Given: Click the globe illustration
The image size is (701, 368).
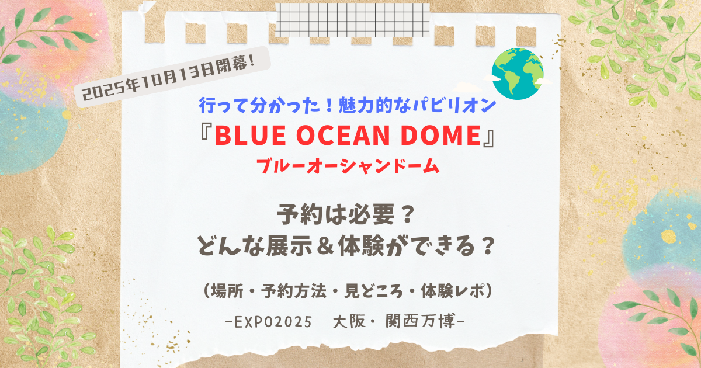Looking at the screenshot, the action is [x=518, y=74].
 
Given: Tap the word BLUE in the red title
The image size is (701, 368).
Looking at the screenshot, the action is [x=251, y=135].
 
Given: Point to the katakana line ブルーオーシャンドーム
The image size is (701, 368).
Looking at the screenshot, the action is [x=348, y=166].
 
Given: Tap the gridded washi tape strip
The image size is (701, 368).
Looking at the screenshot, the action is [x=353, y=20].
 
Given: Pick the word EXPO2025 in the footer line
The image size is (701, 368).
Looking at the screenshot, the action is [x=273, y=322].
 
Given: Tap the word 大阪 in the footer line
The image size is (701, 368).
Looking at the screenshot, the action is [x=349, y=321].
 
